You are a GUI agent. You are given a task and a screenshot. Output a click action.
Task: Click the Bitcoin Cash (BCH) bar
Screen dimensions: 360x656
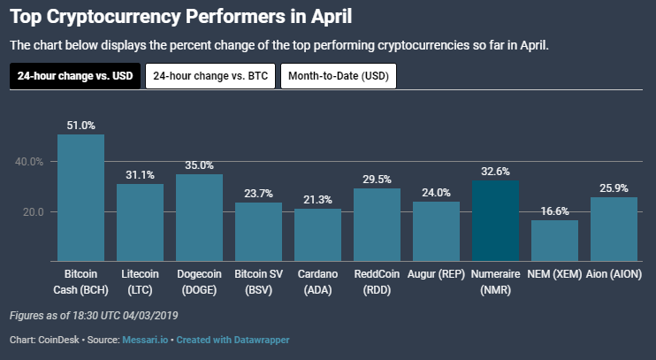[x=80, y=197]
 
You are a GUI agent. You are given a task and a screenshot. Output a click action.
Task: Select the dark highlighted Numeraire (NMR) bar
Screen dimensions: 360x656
[x=495, y=220]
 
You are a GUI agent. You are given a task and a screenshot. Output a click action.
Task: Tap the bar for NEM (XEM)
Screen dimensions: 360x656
[x=554, y=241]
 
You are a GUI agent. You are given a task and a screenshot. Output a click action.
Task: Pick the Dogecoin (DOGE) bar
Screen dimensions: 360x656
[x=199, y=218]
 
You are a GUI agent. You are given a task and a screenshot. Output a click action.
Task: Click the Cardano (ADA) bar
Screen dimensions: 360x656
[x=317, y=234]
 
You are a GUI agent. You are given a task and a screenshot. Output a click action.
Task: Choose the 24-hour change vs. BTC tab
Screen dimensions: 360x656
[x=210, y=76]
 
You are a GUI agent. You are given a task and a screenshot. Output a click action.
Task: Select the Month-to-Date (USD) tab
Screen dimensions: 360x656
[x=339, y=76]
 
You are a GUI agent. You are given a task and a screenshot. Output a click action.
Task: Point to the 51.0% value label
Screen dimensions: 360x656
[x=80, y=126]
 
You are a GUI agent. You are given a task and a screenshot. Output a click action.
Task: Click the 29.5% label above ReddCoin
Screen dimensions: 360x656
[x=377, y=180]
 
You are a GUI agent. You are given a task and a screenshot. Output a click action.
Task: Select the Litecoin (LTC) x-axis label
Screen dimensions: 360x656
[x=140, y=280]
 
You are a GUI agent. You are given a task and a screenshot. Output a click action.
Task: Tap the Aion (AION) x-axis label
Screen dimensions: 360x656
[x=614, y=274]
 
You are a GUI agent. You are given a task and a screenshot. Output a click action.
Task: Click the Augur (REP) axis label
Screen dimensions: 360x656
[x=436, y=274]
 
